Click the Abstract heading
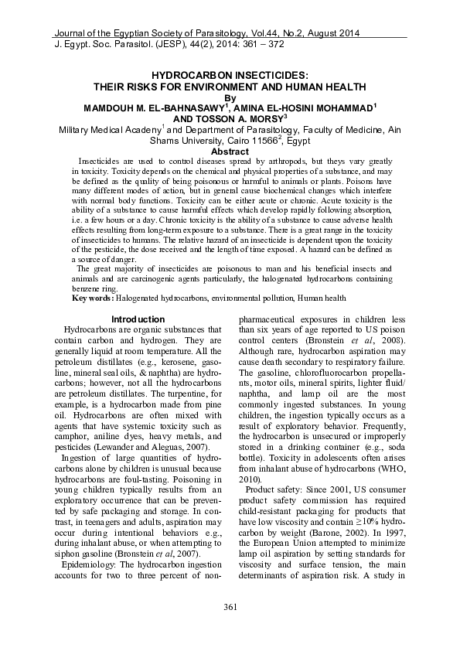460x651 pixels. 230,152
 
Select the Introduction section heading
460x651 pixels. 138,319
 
